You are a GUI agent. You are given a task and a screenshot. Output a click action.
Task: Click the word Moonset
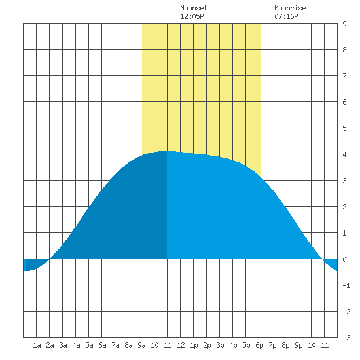194,8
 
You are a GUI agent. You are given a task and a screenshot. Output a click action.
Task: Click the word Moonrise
290,8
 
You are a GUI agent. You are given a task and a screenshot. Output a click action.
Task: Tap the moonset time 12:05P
192,16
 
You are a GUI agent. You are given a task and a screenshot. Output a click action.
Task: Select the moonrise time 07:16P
286,16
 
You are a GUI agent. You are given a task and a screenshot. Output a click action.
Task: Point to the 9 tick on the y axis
344,24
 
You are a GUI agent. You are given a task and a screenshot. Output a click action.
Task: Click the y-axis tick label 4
344,154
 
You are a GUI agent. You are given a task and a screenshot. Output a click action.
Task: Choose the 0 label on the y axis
344,259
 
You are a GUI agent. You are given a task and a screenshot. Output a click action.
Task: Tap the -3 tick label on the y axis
347,338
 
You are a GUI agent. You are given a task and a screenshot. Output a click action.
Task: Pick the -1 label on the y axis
347,285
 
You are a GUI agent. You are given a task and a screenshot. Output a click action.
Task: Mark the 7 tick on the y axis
344,76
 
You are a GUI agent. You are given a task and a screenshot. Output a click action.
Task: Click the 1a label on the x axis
37,345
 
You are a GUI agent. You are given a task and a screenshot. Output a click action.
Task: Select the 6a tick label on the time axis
102,345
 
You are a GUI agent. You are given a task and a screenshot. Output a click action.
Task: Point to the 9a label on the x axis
141,345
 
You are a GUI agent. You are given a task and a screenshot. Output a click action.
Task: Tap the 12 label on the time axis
181,345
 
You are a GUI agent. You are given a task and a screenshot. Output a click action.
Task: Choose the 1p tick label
194,345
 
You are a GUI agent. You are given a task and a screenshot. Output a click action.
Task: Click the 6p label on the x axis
259,345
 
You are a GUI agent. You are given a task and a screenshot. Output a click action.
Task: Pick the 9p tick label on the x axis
298,345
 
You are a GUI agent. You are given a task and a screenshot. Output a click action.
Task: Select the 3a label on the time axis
63,345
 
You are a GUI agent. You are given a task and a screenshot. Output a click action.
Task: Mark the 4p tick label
233,345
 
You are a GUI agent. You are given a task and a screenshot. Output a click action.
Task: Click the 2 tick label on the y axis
344,207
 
